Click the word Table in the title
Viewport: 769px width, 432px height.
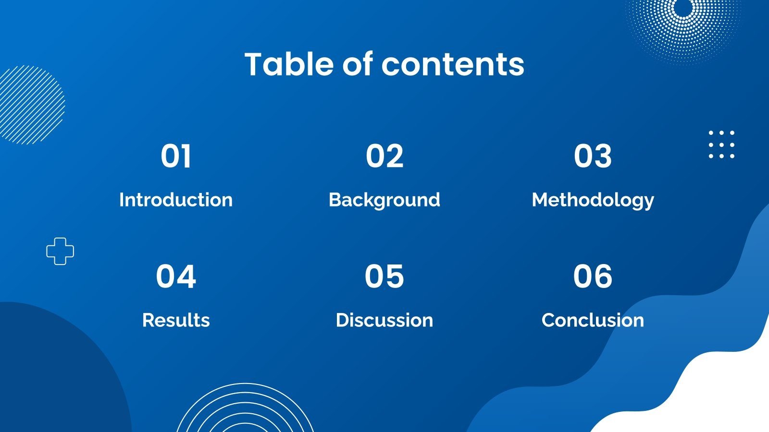pos(289,64)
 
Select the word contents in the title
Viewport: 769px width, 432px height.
pos(453,64)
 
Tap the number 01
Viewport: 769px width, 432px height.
pos(176,156)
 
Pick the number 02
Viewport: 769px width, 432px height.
pos(384,156)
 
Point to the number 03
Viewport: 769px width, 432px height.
pos(593,156)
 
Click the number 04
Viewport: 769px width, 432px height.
pos(176,276)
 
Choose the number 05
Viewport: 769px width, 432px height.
pos(384,276)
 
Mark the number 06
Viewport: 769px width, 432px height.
pos(593,276)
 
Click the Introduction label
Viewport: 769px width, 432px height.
pos(176,200)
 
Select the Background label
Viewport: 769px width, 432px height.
pos(384,200)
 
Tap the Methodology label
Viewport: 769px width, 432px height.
pos(593,200)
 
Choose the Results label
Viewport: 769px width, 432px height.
pos(176,320)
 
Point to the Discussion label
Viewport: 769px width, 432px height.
pos(384,320)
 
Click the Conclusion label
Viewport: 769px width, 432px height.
pos(593,320)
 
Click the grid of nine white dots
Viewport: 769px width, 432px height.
pos(721,144)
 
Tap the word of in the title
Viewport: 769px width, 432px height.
pos(358,64)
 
